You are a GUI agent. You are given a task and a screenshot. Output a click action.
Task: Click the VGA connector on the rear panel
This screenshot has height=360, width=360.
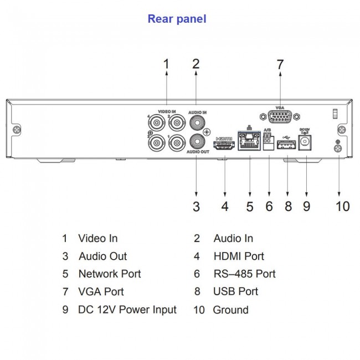coord(280,119)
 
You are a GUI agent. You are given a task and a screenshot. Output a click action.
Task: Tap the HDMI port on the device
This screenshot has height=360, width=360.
coord(224,145)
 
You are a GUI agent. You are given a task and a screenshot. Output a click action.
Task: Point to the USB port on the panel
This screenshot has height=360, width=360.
coord(285,146)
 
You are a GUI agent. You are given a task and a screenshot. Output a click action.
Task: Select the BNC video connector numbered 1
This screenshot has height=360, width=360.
coord(177,143)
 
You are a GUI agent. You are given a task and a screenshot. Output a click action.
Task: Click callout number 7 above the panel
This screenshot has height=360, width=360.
coord(280,65)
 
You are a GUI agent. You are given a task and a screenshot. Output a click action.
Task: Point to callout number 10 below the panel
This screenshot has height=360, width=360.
coord(342,207)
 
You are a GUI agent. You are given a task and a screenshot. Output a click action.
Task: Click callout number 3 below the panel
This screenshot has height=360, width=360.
coord(196,207)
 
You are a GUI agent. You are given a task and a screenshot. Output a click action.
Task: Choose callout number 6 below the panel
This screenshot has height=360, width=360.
coord(269,207)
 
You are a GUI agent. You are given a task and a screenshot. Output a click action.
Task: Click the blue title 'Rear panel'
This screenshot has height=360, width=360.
coord(177,19)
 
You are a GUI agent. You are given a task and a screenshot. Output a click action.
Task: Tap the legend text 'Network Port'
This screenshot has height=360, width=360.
coord(109,274)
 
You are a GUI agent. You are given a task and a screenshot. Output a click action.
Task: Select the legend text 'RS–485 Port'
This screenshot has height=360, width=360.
coord(244,274)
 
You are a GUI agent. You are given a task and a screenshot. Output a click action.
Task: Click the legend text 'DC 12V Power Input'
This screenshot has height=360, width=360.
coord(127,309)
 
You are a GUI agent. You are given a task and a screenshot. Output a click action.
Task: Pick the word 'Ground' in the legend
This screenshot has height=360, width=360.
coord(230,310)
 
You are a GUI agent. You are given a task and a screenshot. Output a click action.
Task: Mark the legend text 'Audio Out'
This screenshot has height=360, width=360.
coord(102,256)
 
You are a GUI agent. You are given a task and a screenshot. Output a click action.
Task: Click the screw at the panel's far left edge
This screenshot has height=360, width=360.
coord(18,130)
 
